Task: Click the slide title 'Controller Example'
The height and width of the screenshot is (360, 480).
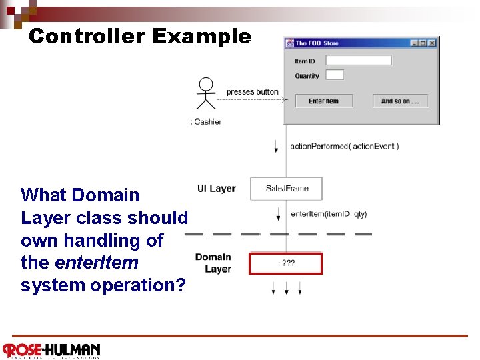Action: coord(140,36)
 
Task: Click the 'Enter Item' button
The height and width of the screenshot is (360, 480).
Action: coord(323,101)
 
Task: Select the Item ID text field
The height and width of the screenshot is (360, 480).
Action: coord(359,61)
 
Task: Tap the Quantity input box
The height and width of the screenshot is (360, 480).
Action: coord(335,75)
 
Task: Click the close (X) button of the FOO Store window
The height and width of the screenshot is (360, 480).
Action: coord(432,43)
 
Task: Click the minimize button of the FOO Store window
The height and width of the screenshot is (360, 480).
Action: coord(415,43)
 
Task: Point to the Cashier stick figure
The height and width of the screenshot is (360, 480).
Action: coord(207,93)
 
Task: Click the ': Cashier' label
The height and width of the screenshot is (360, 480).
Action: coord(206,122)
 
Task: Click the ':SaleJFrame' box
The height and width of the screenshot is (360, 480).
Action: coord(286,189)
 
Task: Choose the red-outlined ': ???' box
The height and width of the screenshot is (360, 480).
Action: coord(285,263)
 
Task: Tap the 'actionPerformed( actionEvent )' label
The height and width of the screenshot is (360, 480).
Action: coord(345,147)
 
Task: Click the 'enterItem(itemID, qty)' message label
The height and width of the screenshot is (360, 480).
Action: coord(329,215)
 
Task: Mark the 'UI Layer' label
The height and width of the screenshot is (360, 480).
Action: coord(216,189)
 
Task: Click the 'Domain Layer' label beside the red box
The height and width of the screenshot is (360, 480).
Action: coord(213,263)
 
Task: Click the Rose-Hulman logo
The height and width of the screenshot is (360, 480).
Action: coord(51,351)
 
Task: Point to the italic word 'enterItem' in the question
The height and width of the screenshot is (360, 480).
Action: coord(97,263)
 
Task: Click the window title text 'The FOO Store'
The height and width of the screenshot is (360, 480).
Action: coord(317,43)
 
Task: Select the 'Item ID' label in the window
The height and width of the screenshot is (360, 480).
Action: coord(305,61)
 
